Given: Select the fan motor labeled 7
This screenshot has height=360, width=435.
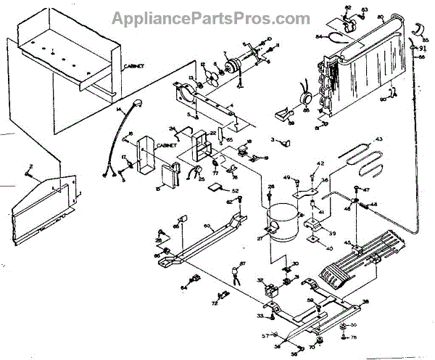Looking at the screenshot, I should pos(233,67).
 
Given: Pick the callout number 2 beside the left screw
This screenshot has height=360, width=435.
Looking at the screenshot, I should pos(30,167).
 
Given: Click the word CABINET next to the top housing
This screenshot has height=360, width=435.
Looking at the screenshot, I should pos(133,66).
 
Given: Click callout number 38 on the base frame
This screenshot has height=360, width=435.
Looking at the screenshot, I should pos(365,301).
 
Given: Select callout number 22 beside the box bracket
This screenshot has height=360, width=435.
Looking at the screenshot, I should pos(212,134).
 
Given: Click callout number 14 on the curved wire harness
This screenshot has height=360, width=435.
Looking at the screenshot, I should pos(117,109).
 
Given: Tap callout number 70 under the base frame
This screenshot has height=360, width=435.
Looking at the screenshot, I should pos(311,347).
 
